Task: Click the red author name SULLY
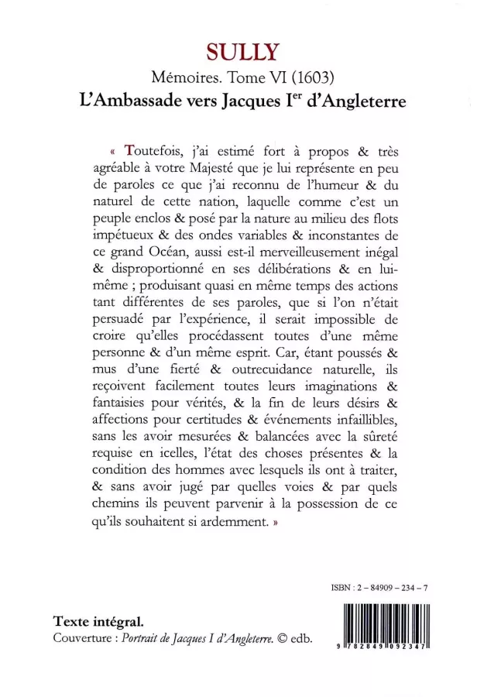click(x=238, y=51)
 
